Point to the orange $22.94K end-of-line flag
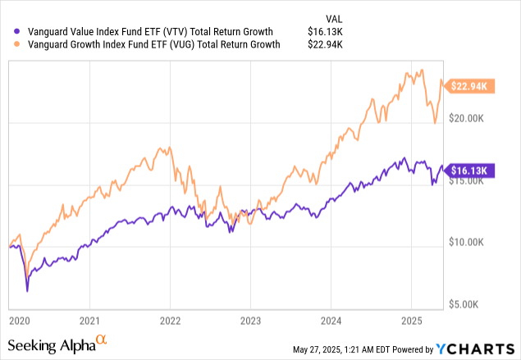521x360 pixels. [469, 85]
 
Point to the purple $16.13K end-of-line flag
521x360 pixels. [469, 171]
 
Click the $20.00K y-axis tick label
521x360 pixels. [473, 119]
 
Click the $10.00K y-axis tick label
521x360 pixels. [473, 242]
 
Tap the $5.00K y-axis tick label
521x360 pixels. [476, 304]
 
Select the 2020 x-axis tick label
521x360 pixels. [18, 320]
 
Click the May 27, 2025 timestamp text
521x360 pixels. [343, 350]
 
